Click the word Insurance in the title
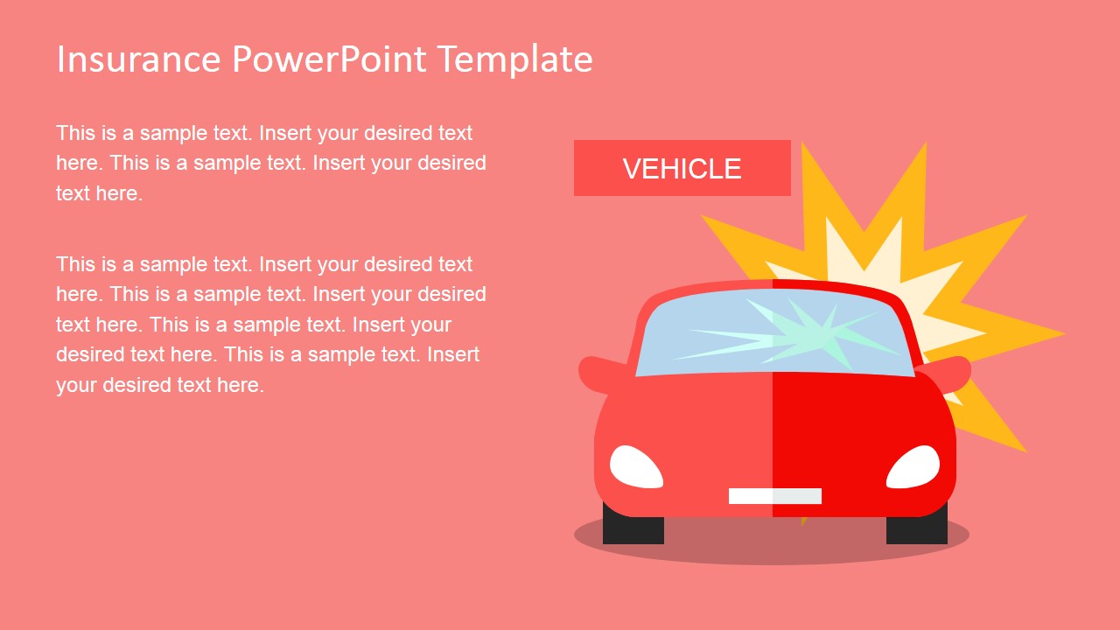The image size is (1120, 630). pos(138,59)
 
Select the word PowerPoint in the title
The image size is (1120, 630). pos(329,59)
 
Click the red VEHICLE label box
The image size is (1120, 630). pos(682,168)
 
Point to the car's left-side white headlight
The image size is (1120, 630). pos(636,467)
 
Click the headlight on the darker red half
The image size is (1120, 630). pos(913,467)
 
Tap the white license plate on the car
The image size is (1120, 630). pos(775,496)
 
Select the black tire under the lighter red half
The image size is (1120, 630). pos(633,525)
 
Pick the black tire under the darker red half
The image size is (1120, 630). pos(917,526)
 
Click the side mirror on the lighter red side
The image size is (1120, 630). pos(600,374)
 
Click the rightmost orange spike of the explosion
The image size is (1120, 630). pos(1040,333)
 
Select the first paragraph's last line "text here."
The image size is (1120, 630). pos(99,193)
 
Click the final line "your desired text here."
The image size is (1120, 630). pos(160,386)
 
